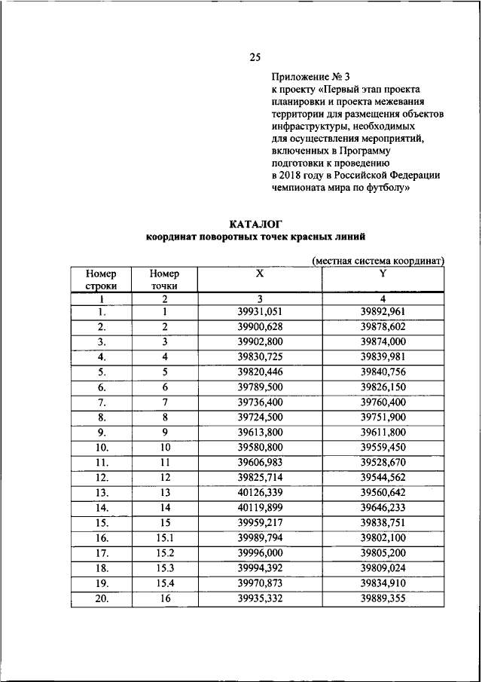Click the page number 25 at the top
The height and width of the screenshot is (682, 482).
(x=255, y=57)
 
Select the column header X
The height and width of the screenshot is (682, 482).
(x=259, y=274)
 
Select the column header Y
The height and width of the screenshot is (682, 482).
(x=383, y=274)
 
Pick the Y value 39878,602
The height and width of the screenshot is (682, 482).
(x=383, y=326)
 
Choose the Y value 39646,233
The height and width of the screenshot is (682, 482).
(x=383, y=507)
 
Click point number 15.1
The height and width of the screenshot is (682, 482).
(x=163, y=538)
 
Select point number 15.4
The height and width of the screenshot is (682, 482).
(x=163, y=583)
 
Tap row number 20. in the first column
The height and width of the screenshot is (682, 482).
(x=101, y=598)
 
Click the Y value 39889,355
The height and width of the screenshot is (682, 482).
(x=383, y=598)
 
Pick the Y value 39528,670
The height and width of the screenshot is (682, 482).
(x=383, y=462)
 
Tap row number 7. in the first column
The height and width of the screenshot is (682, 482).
(x=101, y=402)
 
